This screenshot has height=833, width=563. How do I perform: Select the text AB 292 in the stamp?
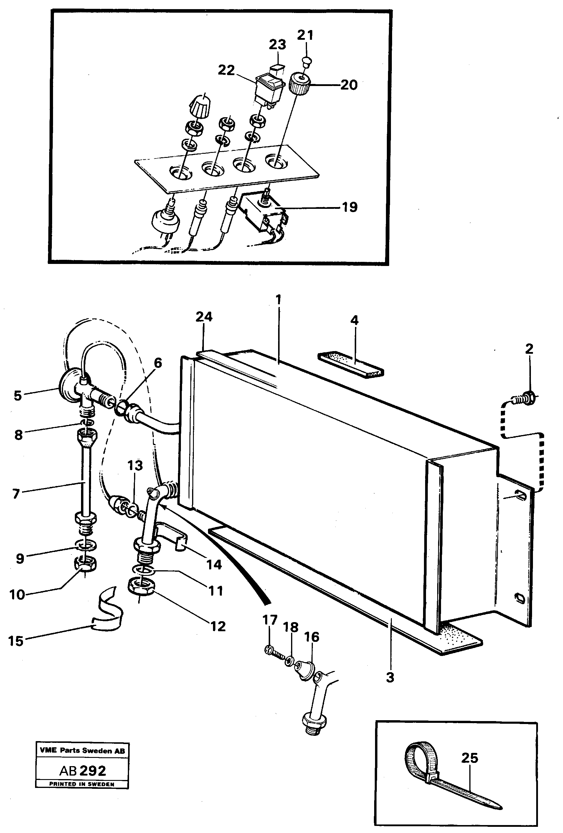82,770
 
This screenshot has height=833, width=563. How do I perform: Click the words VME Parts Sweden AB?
82,750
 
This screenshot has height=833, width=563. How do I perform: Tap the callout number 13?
135,466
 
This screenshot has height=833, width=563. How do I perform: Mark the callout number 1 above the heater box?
278,300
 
